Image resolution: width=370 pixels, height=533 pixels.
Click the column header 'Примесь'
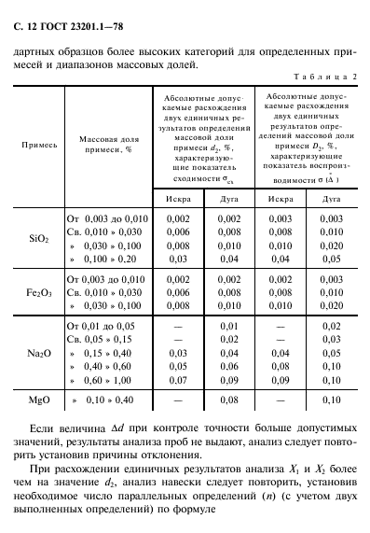tap(39, 147)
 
